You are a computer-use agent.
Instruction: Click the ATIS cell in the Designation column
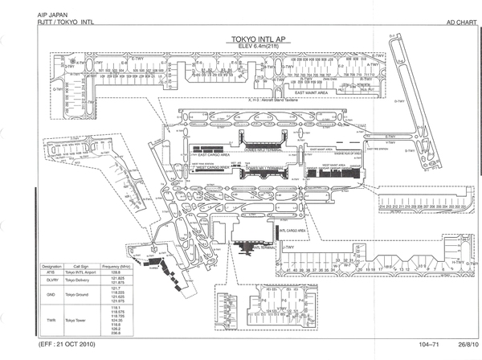pos(52,272)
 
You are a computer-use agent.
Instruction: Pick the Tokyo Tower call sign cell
pos(86,320)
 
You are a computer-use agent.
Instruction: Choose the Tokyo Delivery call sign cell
pos(87,280)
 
